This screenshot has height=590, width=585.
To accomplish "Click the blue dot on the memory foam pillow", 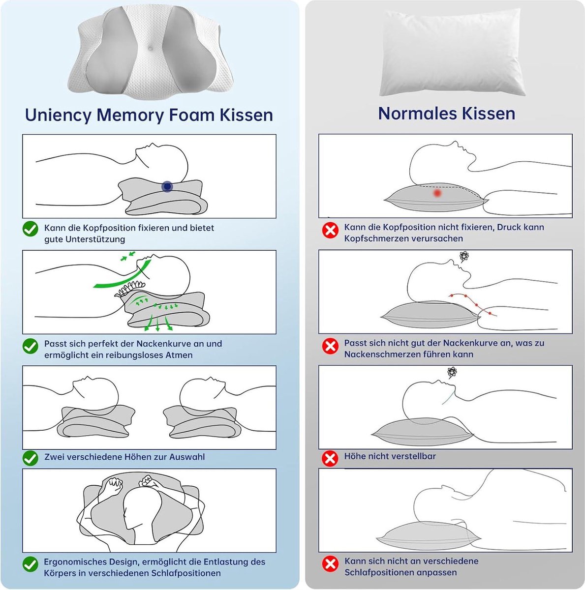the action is tap(167, 186).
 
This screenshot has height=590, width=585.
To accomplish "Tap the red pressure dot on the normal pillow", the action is tap(437, 193).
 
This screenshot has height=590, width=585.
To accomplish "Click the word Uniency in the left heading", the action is tap(59, 115).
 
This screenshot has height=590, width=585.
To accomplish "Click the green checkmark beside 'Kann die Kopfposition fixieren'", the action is tap(31, 229).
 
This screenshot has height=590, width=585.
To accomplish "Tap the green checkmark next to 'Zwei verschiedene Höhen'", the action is tap(31, 458).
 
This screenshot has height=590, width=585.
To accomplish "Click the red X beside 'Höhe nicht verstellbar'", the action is tap(330, 458).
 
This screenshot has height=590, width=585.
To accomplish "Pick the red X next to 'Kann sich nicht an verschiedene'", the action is tap(330, 563).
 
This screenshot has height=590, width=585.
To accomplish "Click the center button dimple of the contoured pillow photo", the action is tap(151, 48).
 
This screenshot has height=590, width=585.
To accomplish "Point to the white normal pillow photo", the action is tap(452, 52).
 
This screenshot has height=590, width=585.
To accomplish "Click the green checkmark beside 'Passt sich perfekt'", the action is tap(31, 346).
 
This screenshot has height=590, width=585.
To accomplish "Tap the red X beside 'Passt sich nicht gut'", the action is tap(330, 346).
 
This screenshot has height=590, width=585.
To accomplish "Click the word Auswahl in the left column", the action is tap(187, 457).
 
